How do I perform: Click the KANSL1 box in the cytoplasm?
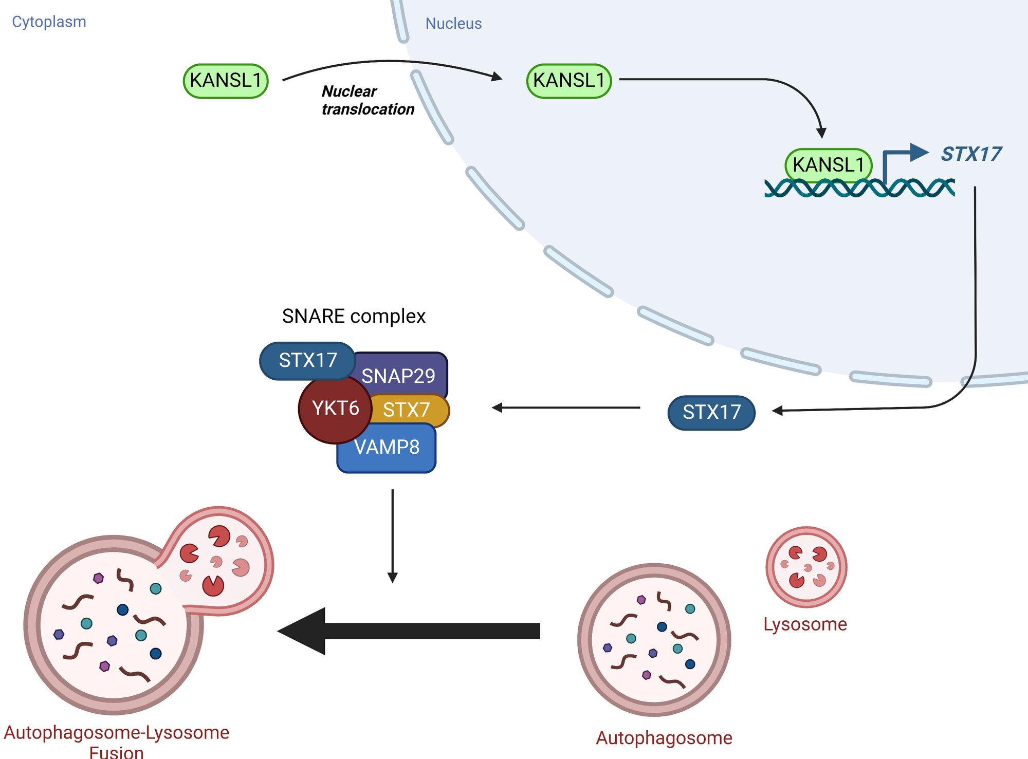pyautogui.click(x=226, y=81)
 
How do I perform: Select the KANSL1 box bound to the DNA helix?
pyautogui.click(x=828, y=165)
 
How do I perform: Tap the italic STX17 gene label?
pyautogui.click(x=970, y=154)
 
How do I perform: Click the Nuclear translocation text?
pyautogui.click(x=367, y=100)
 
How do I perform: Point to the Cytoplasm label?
pyautogui.click(x=49, y=22)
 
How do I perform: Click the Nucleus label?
pyautogui.click(x=453, y=23)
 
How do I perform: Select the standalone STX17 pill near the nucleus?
pyautogui.click(x=711, y=412)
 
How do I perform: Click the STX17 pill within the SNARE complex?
pyautogui.click(x=307, y=360)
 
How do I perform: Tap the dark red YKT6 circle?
pyautogui.click(x=335, y=409)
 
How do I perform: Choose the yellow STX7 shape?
pyautogui.click(x=411, y=410)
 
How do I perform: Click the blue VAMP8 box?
pyautogui.click(x=387, y=448)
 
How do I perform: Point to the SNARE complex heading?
pyautogui.click(x=354, y=316)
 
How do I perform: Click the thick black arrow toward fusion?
pyautogui.click(x=411, y=631)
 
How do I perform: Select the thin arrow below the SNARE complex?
pyautogui.click(x=393, y=534)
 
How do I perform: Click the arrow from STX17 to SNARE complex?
pyautogui.click(x=565, y=408)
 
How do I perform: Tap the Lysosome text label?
pyautogui.click(x=804, y=624)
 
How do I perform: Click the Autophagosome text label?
pyautogui.click(x=664, y=737)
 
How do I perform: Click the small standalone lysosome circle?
pyautogui.click(x=806, y=567)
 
